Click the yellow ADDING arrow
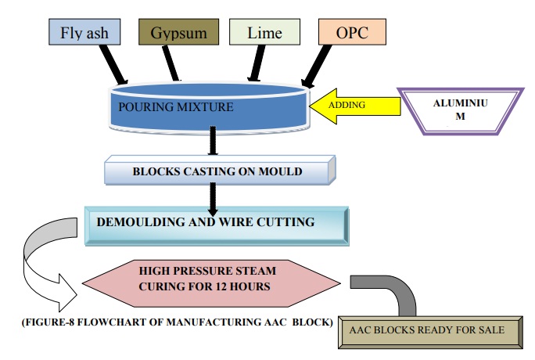[x=348, y=103]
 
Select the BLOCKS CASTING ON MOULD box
[x=221, y=171]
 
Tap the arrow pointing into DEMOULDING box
[x=213, y=198]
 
